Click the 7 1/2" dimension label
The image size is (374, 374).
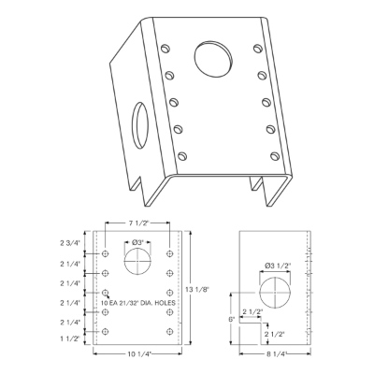point(137,223)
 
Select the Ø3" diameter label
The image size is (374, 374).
point(137,243)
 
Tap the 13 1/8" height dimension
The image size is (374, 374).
point(197,289)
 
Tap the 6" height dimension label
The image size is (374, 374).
point(232,320)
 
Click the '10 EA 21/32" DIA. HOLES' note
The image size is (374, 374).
point(138,303)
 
